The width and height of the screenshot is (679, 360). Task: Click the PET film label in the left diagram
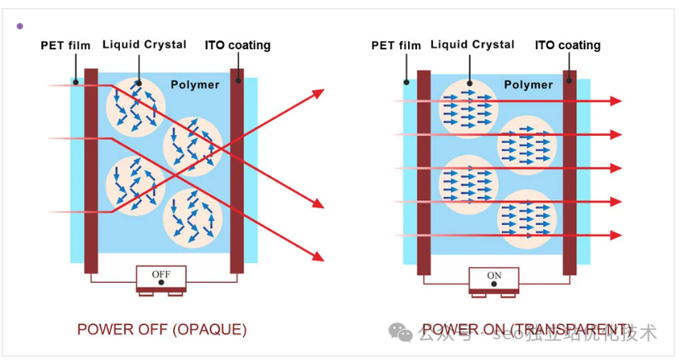coord(65,45)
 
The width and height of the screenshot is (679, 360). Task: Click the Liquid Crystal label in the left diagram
coord(145,45)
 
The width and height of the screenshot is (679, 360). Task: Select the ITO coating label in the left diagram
coord(237,45)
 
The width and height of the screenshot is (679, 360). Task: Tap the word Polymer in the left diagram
coord(195,84)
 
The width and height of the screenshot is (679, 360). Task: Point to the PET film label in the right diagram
coord(395,45)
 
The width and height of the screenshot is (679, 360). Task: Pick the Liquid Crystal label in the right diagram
coord(473,45)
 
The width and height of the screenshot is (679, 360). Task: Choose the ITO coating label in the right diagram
coord(567,45)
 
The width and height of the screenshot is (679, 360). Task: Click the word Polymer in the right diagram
coord(528,84)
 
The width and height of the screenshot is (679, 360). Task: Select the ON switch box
coord(494,278)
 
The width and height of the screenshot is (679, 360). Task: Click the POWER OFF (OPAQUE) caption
coord(162,329)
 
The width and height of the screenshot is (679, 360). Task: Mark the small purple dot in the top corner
coord(20,26)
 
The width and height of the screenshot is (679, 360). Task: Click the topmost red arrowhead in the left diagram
coord(319,94)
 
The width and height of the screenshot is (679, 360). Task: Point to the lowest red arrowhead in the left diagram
coord(319,256)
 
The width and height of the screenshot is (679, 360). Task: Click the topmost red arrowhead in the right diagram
coord(615,101)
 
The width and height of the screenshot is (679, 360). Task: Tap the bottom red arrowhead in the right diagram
coord(615,235)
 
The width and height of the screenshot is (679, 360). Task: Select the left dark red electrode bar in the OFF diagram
coord(91,170)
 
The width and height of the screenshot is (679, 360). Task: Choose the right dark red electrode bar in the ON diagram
coord(569,172)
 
